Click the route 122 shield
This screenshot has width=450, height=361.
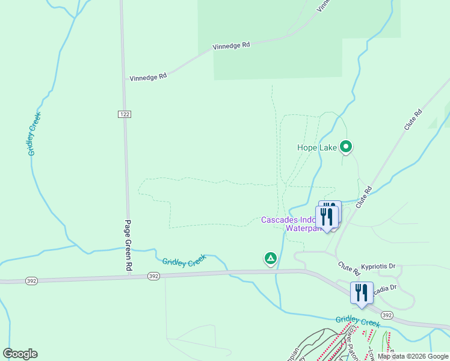point(125,114)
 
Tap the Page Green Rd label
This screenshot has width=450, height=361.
point(128,245)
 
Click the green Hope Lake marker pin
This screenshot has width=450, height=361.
point(346,146)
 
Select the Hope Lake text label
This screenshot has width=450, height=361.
point(317,147)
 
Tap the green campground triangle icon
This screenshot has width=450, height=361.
point(271,259)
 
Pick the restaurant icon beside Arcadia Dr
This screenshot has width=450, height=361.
point(362,292)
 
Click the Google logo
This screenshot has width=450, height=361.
point(20,354)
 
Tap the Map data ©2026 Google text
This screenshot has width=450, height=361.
point(413,356)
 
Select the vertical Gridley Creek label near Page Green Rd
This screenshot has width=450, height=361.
point(35,134)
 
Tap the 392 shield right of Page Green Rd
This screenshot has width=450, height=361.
point(153,276)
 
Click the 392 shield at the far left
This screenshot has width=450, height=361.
point(32,280)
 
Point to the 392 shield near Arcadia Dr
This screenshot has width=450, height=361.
point(386,315)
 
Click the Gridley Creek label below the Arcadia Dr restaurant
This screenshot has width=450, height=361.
point(358,322)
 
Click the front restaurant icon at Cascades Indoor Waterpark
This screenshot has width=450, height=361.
point(327,217)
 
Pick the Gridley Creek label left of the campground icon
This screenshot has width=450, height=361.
point(184,261)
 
